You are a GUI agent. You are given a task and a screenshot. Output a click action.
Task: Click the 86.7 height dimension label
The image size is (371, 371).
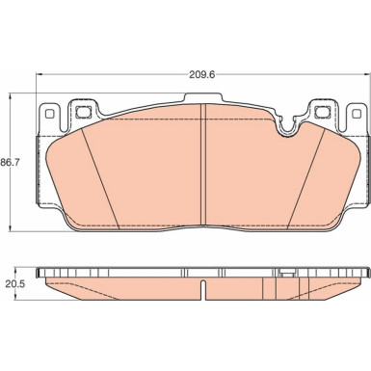pos(10,163)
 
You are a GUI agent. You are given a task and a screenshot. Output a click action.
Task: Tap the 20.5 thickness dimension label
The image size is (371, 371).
pos(13,283)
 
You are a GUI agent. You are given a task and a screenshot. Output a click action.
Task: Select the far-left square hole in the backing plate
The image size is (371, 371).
pos(49,114)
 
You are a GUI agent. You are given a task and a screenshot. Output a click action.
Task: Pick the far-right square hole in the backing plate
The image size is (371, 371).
pos(357,114)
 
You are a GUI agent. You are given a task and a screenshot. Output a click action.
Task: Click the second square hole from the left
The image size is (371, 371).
pos(83,112)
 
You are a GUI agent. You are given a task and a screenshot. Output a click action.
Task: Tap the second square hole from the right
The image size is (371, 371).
pos(322,112)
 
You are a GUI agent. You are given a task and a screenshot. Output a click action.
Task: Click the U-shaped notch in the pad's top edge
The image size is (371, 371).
pos(288,127)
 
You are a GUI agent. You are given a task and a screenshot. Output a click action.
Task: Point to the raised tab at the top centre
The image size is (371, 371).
pos(202,97)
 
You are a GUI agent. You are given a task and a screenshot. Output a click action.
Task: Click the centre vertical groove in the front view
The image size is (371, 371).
pos(202,163)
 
